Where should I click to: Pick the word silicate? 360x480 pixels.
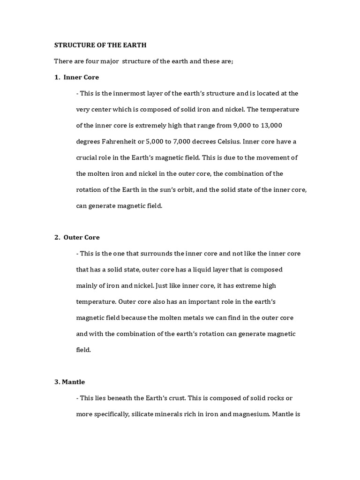141,414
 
